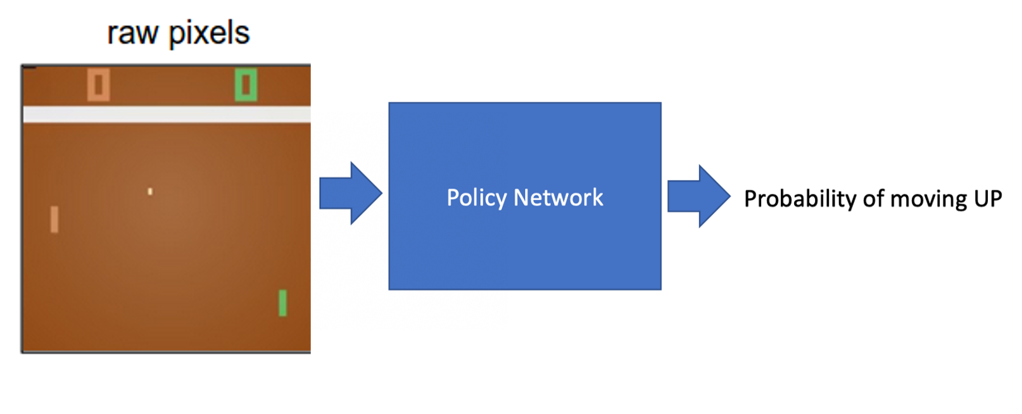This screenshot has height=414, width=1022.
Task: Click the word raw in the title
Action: (x=132, y=34)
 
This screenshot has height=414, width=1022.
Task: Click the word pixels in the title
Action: (x=209, y=34)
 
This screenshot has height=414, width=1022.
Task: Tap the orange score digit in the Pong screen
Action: (x=98, y=85)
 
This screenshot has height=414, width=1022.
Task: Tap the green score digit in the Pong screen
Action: (x=246, y=85)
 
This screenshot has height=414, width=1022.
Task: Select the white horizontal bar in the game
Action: (x=167, y=115)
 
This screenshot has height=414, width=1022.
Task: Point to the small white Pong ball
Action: (x=150, y=191)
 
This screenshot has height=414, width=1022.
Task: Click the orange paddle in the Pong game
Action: (x=54, y=220)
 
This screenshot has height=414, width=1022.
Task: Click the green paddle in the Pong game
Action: (x=282, y=303)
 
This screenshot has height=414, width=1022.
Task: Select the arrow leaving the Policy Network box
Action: (x=698, y=196)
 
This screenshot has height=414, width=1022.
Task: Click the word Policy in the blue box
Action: (x=477, y=198)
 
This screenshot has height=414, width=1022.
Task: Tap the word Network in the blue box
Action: (x=558, y=198)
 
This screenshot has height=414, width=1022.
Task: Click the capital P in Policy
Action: (x=453, y=198)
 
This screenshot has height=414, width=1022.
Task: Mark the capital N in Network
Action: (x=520, y=198)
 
